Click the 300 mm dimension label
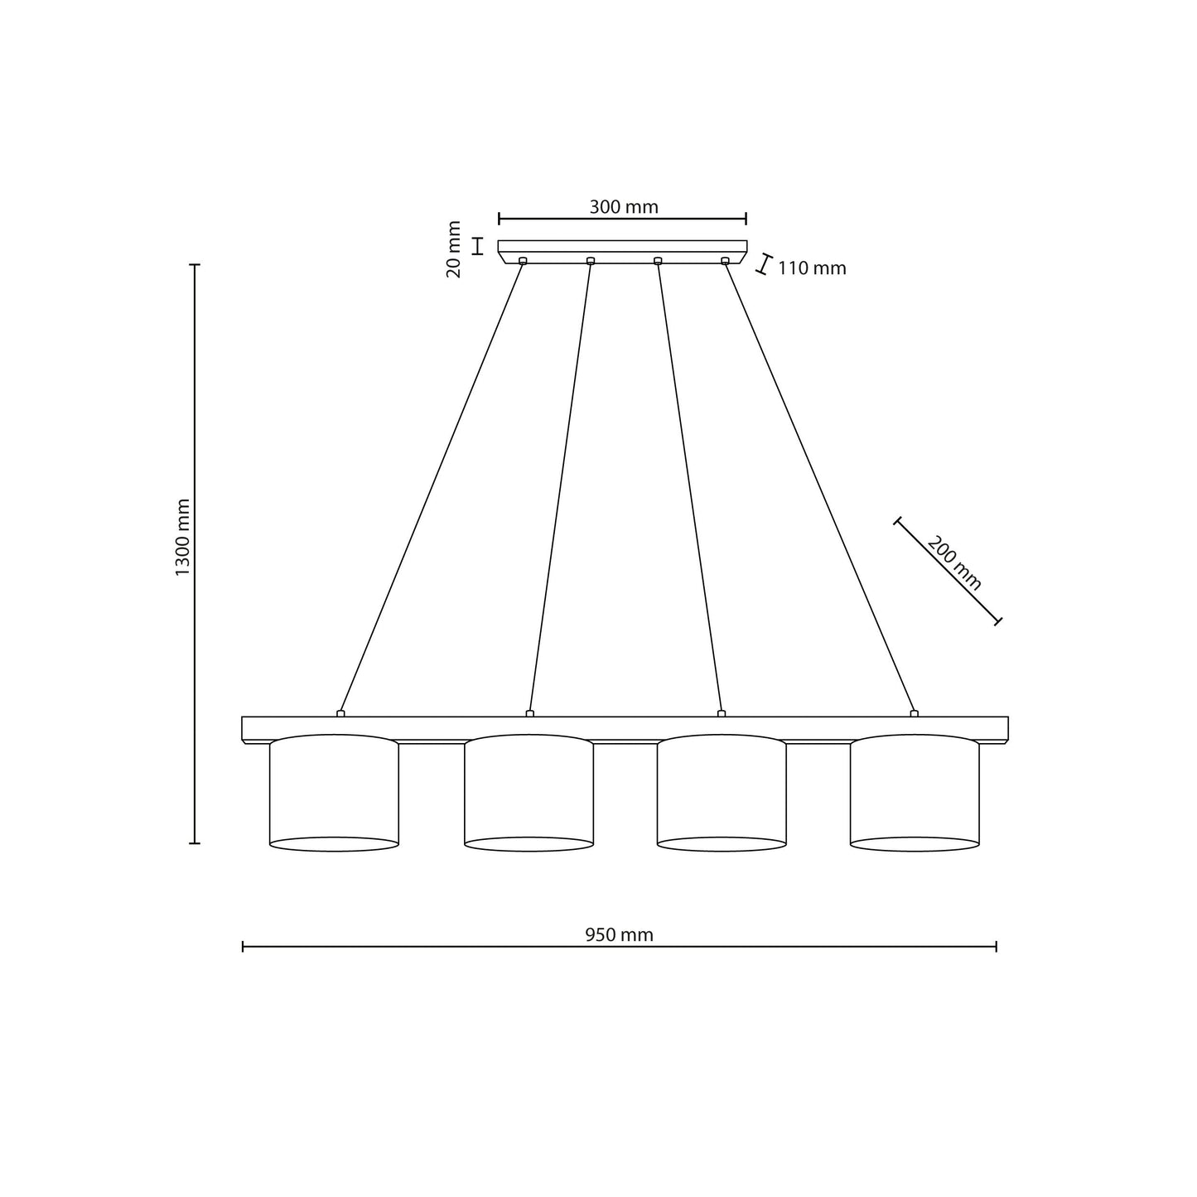click(623, 207)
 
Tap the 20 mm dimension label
click(454, 249)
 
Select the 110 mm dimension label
click(812, 268)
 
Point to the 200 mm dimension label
click(954, 563)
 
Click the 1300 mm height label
click(183, 538)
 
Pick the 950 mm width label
click(619, 935)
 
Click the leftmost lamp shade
click(334, 793)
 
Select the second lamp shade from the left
click(529, 793)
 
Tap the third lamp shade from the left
click(722, 793)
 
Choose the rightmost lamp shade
click(915, 793)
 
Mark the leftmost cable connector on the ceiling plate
click(523, 261)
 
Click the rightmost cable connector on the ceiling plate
click(725, 261)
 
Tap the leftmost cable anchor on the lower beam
click(340, 713)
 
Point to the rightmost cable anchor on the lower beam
click(914, 713)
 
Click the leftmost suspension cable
click(431, 489)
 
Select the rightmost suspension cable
click(820, 489)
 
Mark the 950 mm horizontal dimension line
click(414, 946)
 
